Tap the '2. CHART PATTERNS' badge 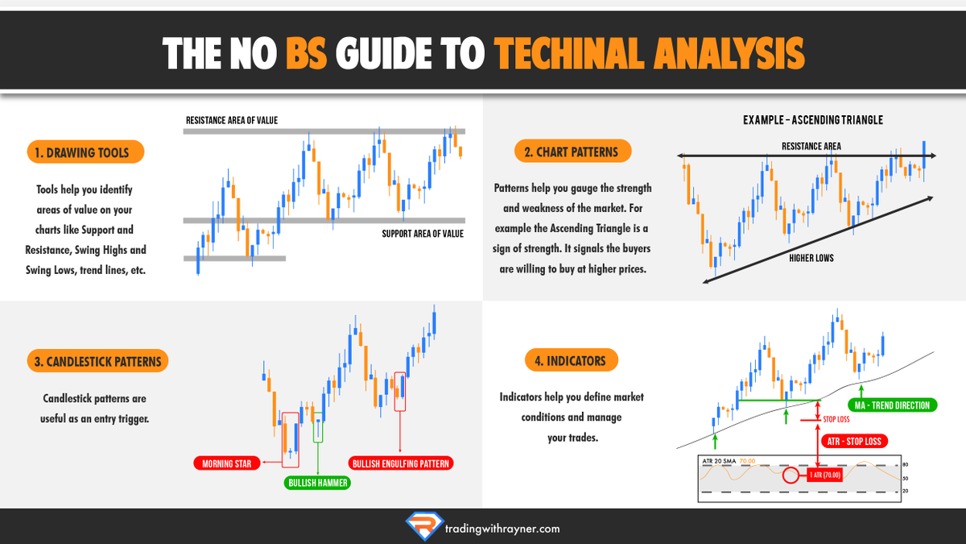tap(572, 151)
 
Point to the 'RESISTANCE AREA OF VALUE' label tap(232, 121)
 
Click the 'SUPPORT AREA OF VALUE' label tap(423, 234)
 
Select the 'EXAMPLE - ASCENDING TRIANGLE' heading tap(813, 120)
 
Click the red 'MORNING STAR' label tap(227, 463)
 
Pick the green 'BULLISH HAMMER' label tap(318, 483)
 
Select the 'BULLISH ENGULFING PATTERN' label tap(401, 463)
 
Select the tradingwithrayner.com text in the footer tap(502, 529)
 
